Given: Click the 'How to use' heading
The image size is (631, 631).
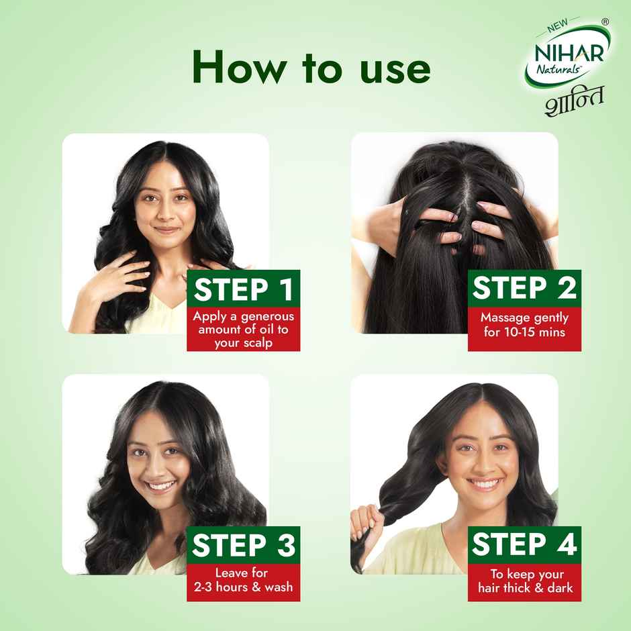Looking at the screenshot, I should pyautogui.click(x=311, y=68).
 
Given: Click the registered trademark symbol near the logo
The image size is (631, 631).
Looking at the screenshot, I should pyautogui.click(x=605, y=22).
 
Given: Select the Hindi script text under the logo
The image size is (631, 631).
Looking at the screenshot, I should pyautogui.click(x=574, y=100).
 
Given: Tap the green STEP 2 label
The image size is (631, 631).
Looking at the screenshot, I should pyautogui.click(x=524, y=288).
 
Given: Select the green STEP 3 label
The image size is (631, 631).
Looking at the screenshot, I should pyautogui.click(x=243, y=545).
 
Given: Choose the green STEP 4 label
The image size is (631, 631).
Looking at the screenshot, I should pyautogui.click(x=524, y=545).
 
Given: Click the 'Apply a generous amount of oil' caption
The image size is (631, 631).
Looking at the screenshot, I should pyautogui.click(x=243, y=329).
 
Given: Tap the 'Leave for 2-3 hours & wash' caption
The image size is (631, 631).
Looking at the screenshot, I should pyautogui.click(x=243, y=581).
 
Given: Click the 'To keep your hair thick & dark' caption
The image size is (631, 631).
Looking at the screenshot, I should pyautogui.click(x=524, y=581).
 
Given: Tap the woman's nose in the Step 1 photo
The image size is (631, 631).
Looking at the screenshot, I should pyautogui.click(x=165, y=213).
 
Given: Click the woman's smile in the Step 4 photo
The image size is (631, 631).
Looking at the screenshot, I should pyautogui.click(x=484, y=483).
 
